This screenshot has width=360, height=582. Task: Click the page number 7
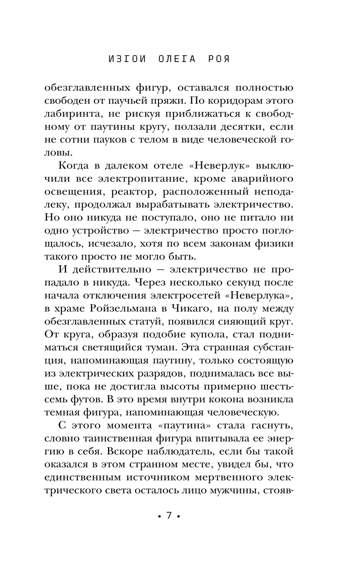(169, 516)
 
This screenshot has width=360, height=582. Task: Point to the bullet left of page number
(159, 516)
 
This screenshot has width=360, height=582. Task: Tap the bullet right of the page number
(178, 516)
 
